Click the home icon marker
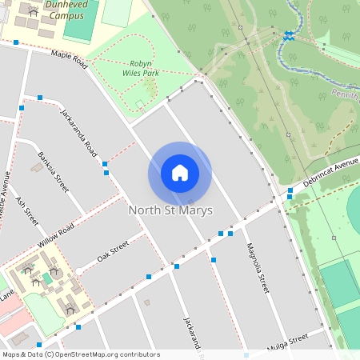click(x=180, y=173)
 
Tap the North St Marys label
click(x=170, y=210)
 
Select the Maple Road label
click(x=68, y=60)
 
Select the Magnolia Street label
click(x=257, y=266)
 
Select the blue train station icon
click(x=287, y=34)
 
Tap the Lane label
click(x=6, y=295)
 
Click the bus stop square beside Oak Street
click(x=148, y=277)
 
